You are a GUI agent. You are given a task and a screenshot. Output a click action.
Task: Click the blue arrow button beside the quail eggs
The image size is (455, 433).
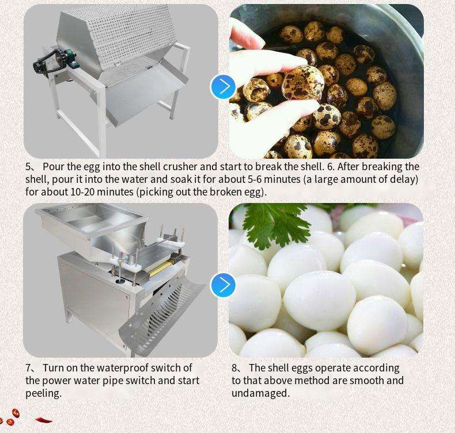(x=223, y=87)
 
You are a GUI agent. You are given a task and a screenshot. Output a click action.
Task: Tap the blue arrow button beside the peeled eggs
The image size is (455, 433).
(x=223, y=285)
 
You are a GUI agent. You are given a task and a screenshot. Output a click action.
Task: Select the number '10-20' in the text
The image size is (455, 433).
(x=82, y=191)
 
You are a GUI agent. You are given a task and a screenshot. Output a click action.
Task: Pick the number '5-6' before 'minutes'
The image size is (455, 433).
(x=255, y=179)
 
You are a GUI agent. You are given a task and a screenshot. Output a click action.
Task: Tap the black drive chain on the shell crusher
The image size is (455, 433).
(x=47, y=62)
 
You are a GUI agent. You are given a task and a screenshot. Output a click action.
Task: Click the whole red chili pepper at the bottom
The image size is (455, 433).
(x=44, y=420)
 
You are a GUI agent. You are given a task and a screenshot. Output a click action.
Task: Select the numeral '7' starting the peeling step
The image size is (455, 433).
(x=28, y=368)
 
